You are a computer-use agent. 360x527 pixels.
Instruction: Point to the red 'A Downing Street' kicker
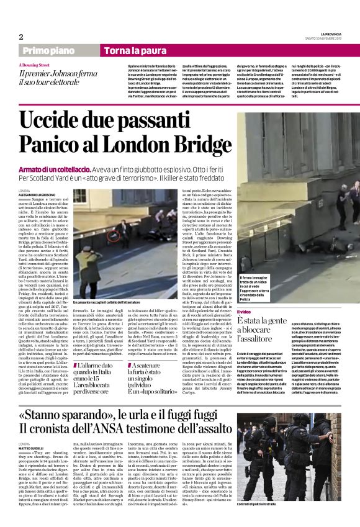point(37,64)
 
